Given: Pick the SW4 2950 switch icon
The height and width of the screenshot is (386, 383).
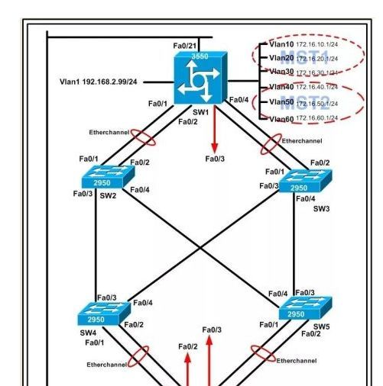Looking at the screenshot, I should click(x=103, y=314).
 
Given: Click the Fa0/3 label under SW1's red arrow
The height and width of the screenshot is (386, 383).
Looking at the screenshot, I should click(x=214, y=159).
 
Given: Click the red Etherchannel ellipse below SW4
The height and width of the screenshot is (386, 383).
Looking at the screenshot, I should click(x=138, y=356).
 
